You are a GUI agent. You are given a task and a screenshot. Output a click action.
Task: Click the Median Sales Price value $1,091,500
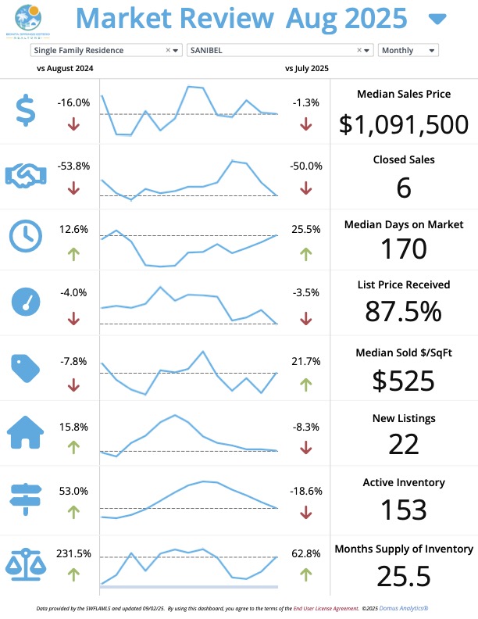point(404,124)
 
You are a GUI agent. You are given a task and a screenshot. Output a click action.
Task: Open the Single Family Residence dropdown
point(105,50)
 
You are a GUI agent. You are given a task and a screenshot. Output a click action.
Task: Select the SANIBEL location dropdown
point(280,50)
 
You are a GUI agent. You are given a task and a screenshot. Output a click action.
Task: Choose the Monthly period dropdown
point(408,50)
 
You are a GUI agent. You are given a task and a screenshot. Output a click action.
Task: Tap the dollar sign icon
point(26,109)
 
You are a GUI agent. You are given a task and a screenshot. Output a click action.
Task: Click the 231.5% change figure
point(73,553)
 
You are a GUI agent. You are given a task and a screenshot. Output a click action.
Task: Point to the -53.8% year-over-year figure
point(73,166)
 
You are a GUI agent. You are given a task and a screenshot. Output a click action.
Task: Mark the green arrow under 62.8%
point(305,574)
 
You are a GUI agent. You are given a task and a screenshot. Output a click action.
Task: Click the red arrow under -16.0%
point(73,123)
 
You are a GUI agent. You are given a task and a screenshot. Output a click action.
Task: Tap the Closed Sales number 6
point(404,188)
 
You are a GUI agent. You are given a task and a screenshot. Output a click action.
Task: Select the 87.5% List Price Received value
point(404,311)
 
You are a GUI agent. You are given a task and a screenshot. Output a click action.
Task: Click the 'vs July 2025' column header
point(307,68)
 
